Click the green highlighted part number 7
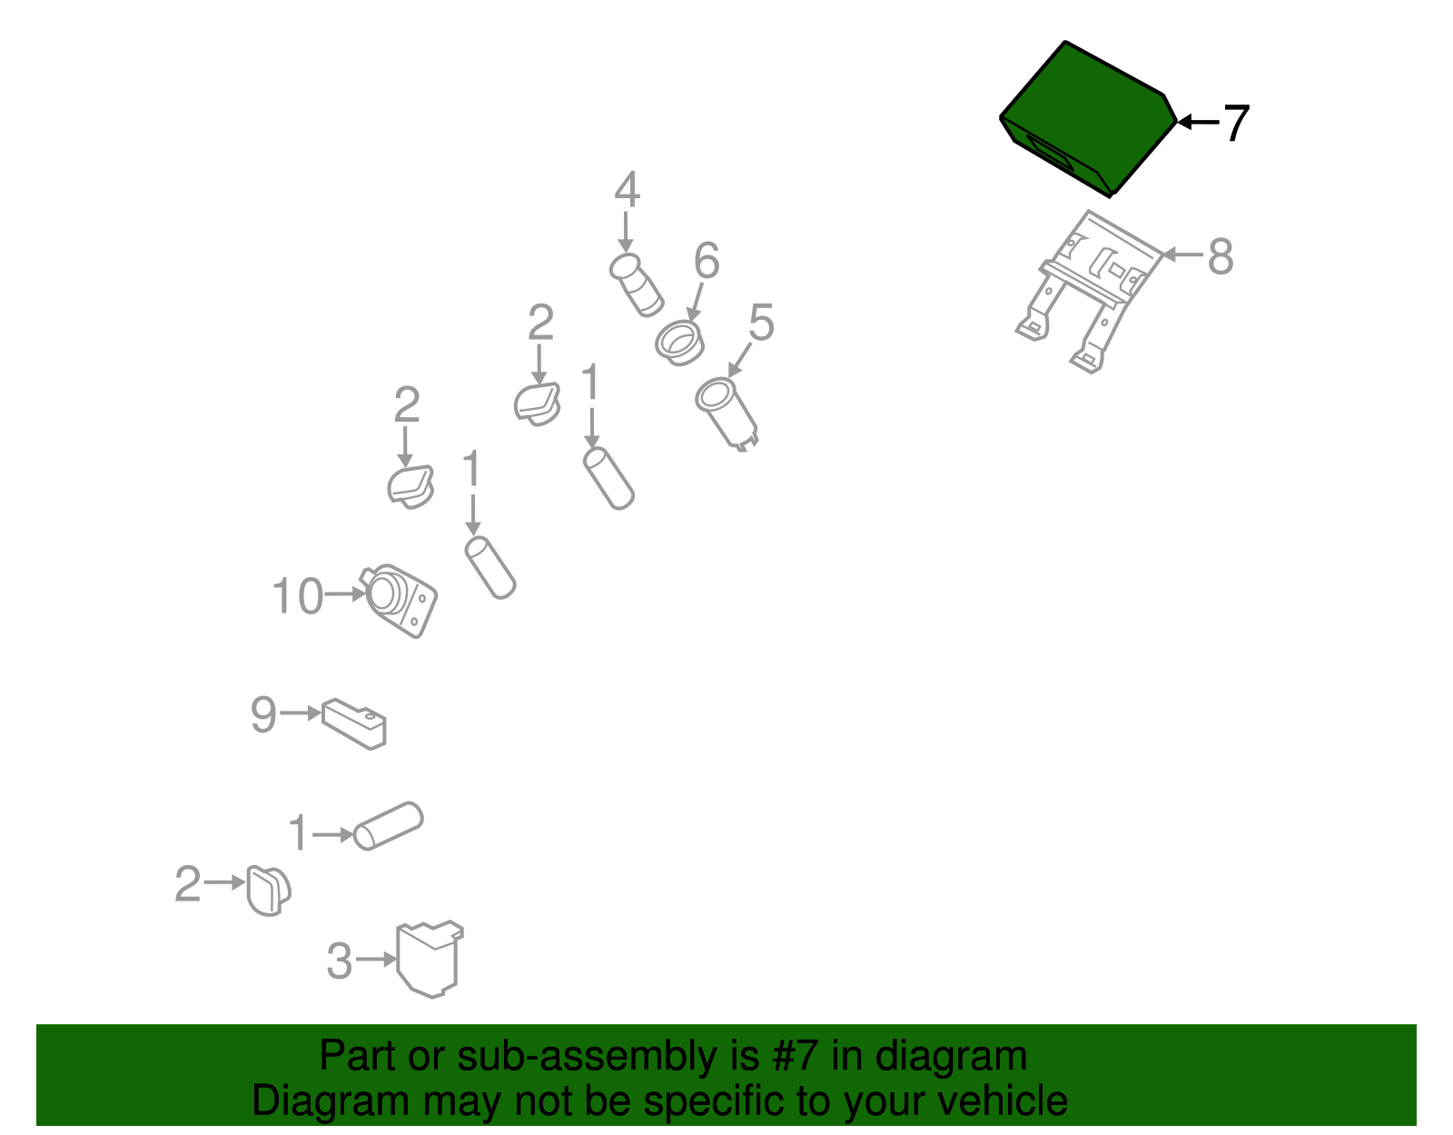[x=1088, y=119]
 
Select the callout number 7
[x=1236, y=123]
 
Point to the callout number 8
[x=1221, y=256]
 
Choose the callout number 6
[x=707, y=260]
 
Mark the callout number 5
[x=761, y=323]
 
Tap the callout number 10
[x=298, y=596]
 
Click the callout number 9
[x=262, y=714]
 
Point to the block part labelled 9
[x=354, y=723]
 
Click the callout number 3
[x=339, y=961]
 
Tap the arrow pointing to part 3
[x=377, y=960]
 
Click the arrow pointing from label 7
[x=1198, y=123]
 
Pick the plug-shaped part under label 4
[x=636, y=285]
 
